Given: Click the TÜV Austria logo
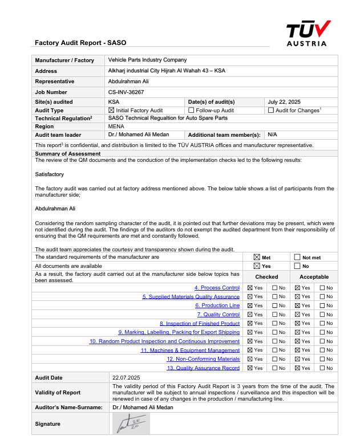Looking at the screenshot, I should pyautogui.click(x=308, y=33).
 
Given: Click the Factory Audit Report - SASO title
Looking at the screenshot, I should pyautogui.click(x=80, y=43).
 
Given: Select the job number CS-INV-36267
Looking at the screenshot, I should pyautogui.click(x=126, y=92).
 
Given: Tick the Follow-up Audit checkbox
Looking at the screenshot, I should pyautogui.click(x=192, y=111).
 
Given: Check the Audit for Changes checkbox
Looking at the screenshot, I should pyautogui.click(x=271, y=111).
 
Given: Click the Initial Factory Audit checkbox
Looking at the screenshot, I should pyautogui.click(x=111, y=111).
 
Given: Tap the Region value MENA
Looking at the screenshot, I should pyautogui.click(x=116, y=127).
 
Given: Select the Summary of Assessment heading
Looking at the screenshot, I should pyautogui.click(x=68, y=154).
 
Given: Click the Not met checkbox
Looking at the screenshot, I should pyautogui.click(x=297, y=258).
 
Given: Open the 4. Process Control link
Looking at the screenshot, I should pyautogui.click(x=217, y=288).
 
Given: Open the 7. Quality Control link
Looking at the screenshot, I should pyautogui.click(x=219, y=315).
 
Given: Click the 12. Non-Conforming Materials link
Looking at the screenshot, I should pyautogui.click(x=203, y=359).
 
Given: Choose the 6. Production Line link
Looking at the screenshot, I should pyautogui.click(x=217, y=305).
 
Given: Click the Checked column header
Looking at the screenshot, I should pyautogui.click(x=266, y=277).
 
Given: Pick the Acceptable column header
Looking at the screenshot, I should pyautogui.click(x=314, y=277).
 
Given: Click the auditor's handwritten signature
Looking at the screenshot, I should pyautogui.click(x=131, y=422).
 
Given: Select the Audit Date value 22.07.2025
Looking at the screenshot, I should pyautogui.click(x=126, y=378).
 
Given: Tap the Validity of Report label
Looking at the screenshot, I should pyautogui.click(x=58, y=392).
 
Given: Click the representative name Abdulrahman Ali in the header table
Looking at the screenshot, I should pyautogui.click(x=128, y=82).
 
